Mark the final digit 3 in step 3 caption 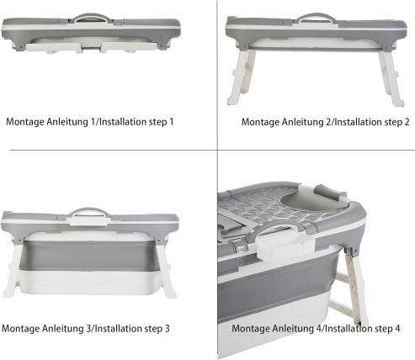tap(168, 328)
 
